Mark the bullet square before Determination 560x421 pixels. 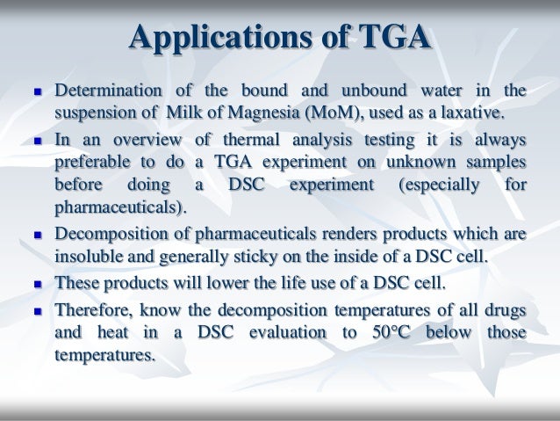[35, 92]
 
